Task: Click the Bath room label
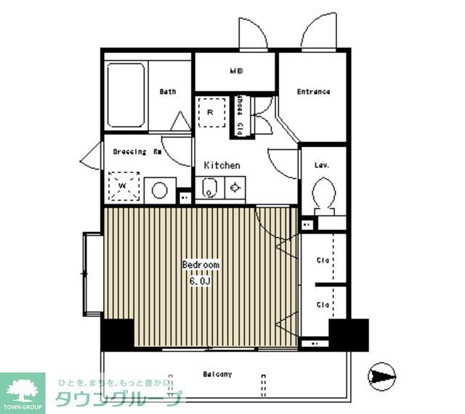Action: pos(168,92)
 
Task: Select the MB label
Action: pos(236,71)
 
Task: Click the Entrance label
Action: pos(313,92)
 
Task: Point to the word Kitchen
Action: pos(222,165)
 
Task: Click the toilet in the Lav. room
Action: pos(323,194)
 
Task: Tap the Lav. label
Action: pos(322,165)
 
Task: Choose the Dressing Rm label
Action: pos(137,152)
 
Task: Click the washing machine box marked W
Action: pos(123,185)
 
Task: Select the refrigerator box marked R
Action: pos(211,112)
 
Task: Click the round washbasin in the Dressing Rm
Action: pos(159,191)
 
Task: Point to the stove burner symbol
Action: pos(235,188)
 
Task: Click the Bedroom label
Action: pos(201,265)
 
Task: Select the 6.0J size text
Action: pos(201,279)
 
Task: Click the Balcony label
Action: pos(217,374)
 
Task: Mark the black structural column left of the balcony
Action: pos(116,335)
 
